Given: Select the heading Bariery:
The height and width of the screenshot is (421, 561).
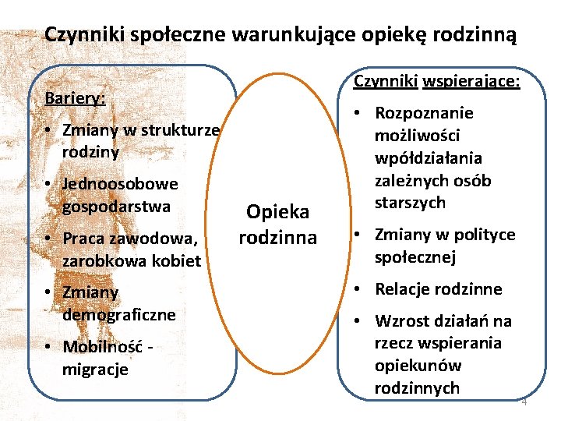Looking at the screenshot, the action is click(x=75, y=99).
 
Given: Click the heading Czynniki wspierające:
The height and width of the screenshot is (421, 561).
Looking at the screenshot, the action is click(x=436, y=81).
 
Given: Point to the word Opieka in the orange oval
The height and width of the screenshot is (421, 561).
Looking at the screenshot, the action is click(x=277, y=211).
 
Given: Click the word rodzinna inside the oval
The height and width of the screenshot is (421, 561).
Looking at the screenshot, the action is click(x=277, y=237).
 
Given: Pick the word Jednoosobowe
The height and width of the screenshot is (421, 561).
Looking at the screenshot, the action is click(x=120, y=185).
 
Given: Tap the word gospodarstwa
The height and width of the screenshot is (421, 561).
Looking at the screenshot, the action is click(x=116, y=207).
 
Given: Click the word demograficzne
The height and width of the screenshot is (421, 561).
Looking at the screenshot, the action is click(x=118, y=315).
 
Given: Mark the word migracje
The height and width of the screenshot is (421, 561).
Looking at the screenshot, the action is click(x=95, y=369).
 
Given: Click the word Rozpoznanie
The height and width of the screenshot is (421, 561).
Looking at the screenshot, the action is click(x=424, y=113).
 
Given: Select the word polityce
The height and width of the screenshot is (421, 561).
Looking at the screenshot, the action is click(x=484, y=235).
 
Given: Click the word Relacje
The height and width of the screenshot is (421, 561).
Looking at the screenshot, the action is click(x=404, y=289).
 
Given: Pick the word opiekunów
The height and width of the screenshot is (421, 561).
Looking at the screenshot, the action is click(x=416, y=366).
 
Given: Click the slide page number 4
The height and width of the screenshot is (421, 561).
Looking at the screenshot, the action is click(x=524, y=402).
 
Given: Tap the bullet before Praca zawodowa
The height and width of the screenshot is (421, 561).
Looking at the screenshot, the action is click(x=48, y=238).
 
